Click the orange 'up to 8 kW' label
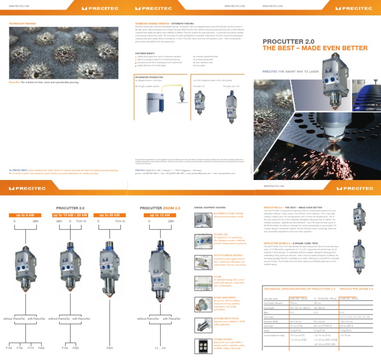click(23, 215)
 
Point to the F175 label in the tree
click(31, 348)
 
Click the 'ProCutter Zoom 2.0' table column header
click(356, 288)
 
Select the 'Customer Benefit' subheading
click(146, 53)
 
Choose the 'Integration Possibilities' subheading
click(149, 77)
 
